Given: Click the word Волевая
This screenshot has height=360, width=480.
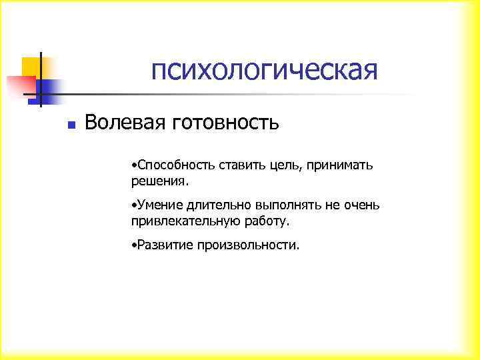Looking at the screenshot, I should click(x=124, y=123).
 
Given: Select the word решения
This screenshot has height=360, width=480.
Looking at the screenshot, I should click(x=160, y=181).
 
